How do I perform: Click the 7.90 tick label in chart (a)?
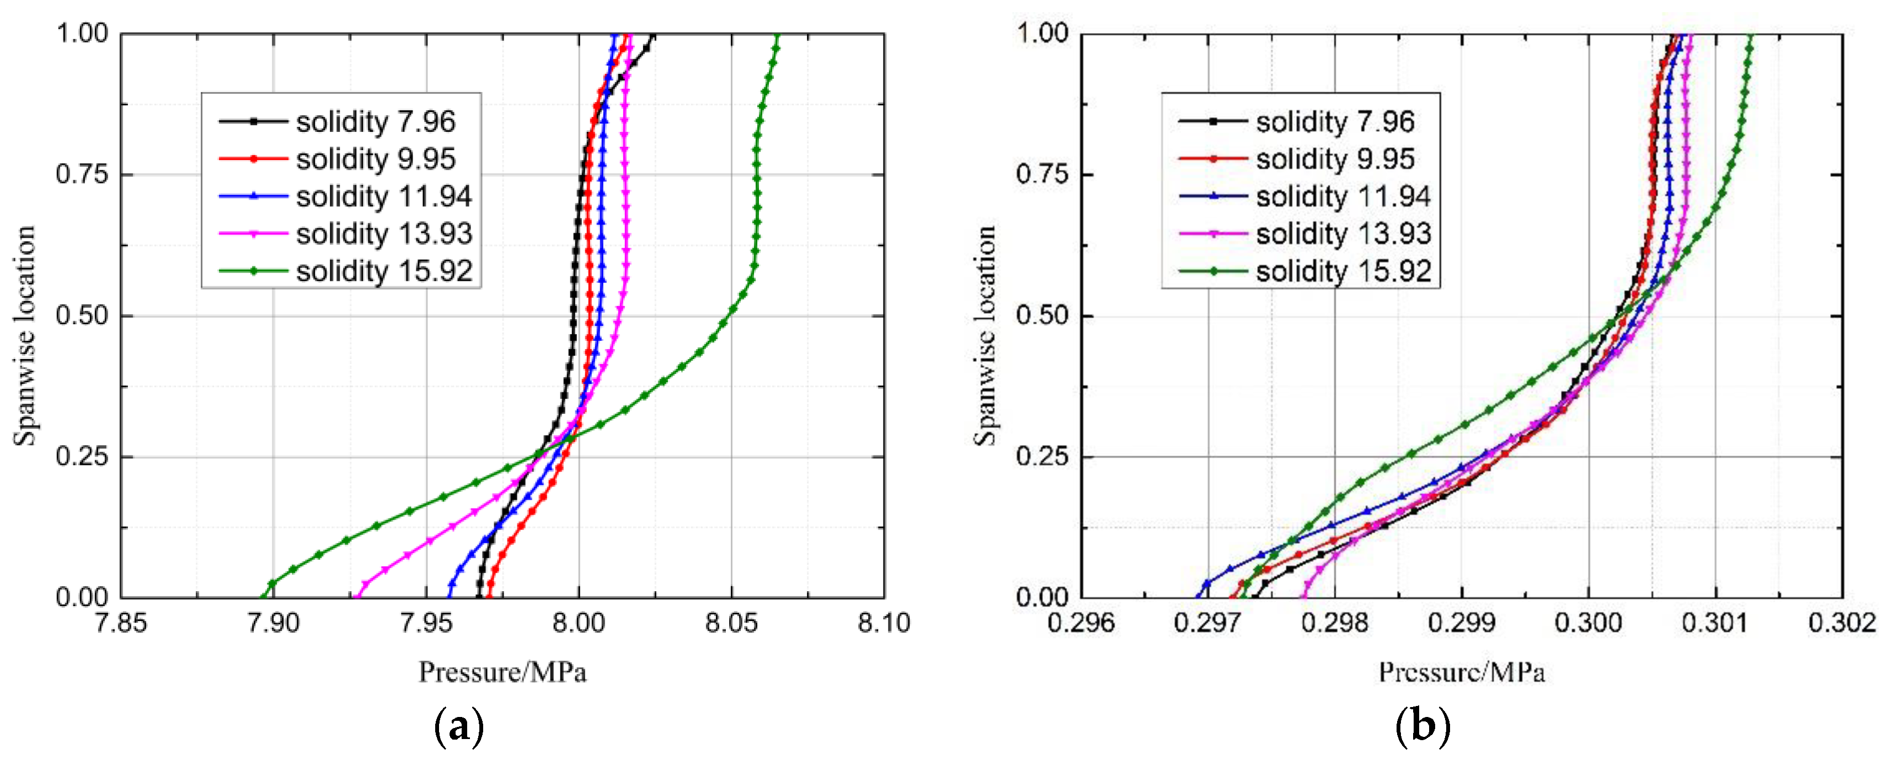click(274, 623)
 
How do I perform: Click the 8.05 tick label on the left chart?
click(731, 623)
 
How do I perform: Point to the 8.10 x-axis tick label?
click(884, 623)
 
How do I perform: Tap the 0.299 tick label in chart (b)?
click(1462, 623)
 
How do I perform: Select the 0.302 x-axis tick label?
click(1842, 623)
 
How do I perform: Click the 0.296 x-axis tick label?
click(1081, 623)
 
